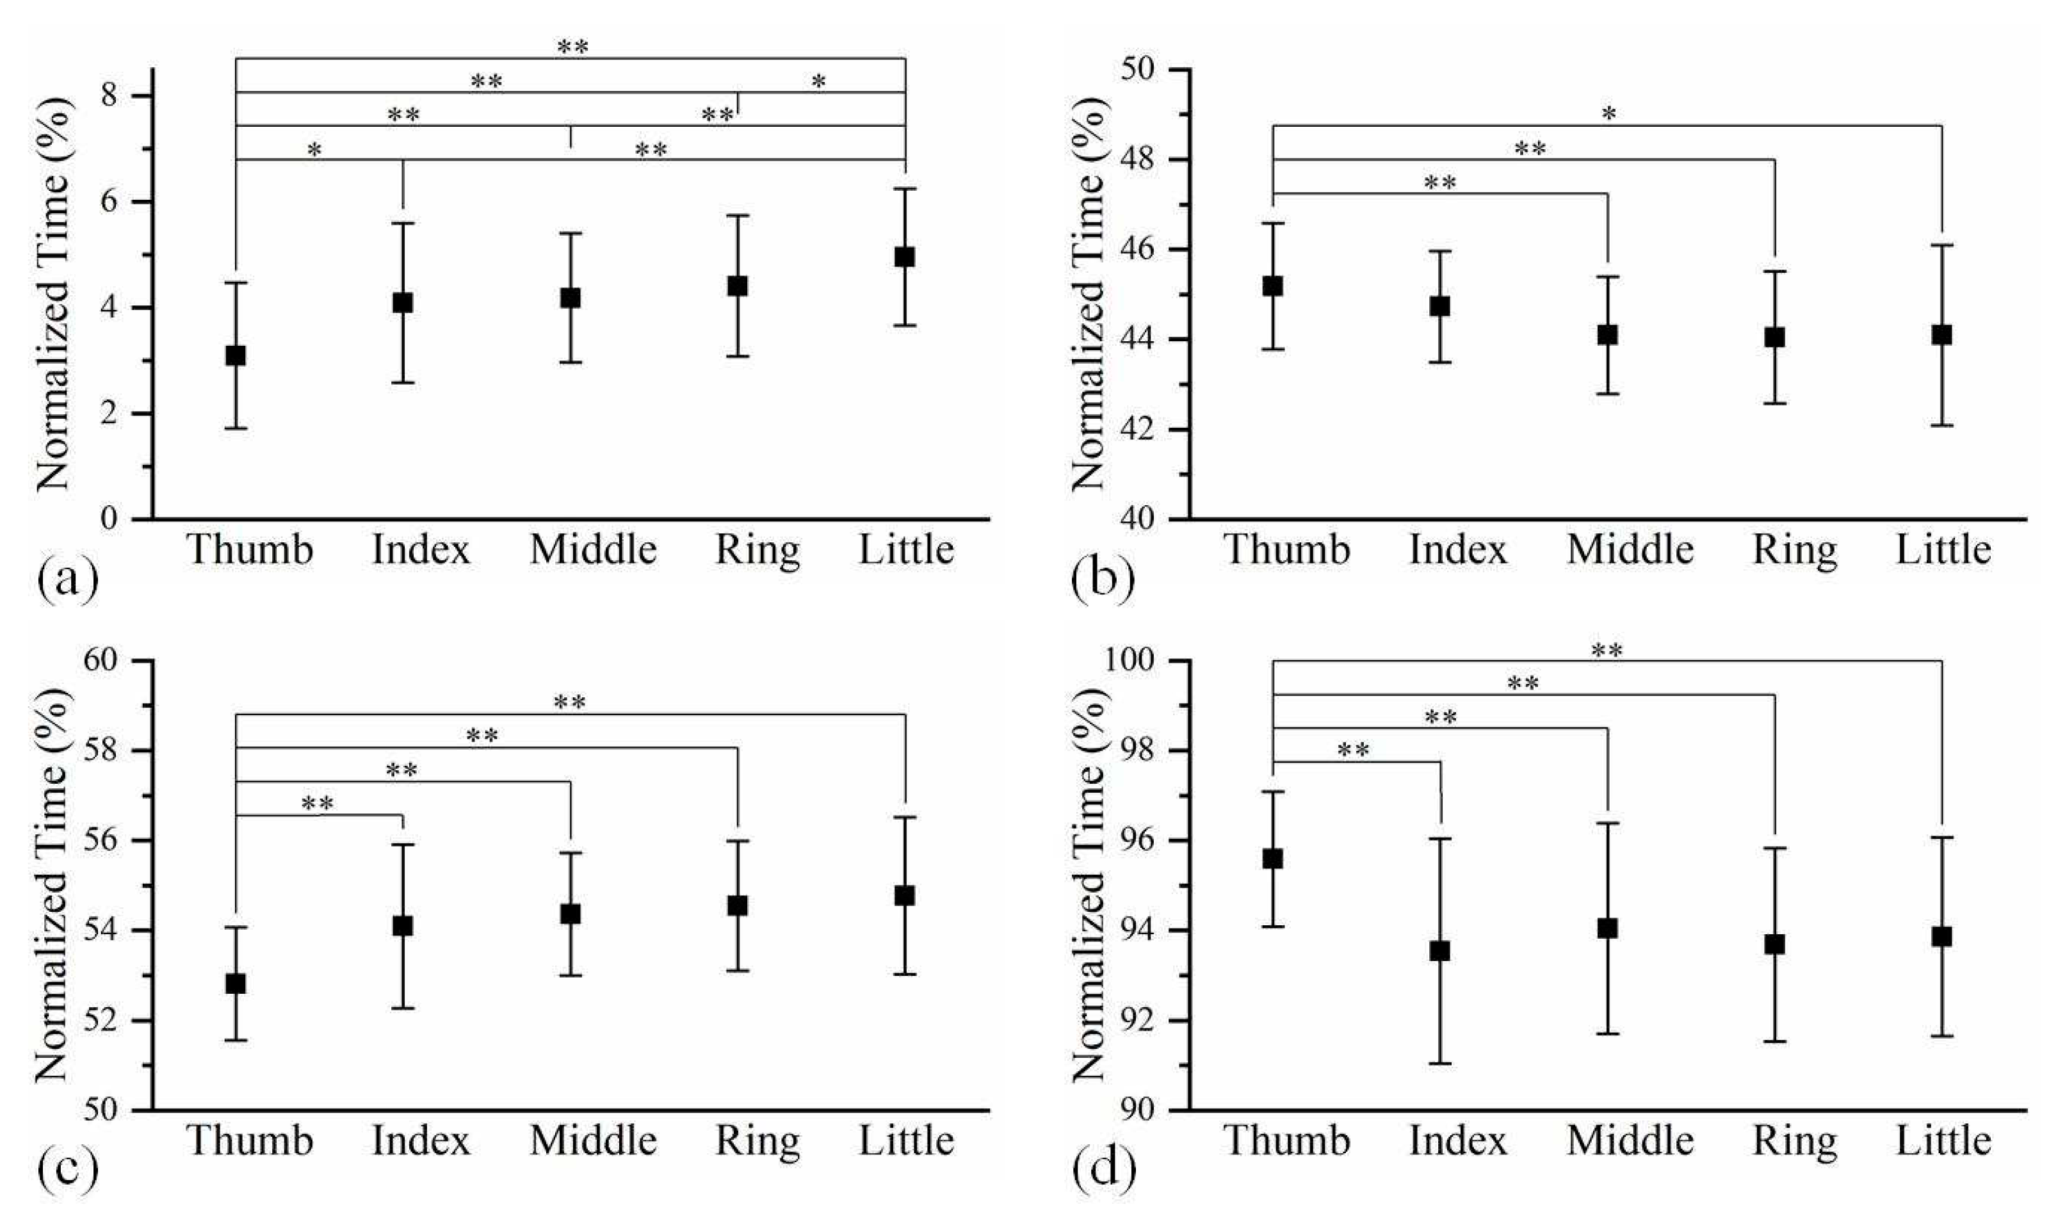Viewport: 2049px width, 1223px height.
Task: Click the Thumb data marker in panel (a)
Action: pyautogui.click(x=236, y=356)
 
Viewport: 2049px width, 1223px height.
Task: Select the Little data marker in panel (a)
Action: pyautogui.click(x=905, y=257)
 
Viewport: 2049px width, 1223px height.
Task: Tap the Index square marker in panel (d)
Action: pyautogui.click(x=1439, y=951)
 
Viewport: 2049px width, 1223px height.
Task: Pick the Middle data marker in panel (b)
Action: pyautogui.click(x=1607, y=336)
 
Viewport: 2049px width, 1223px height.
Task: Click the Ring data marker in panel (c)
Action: pyautogui.click(x=738, y=905)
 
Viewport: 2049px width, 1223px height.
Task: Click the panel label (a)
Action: pyautogui.click(x=68, y=580)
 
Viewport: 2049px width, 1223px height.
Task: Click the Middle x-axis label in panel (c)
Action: pyautogui.click(x=592, y=1142)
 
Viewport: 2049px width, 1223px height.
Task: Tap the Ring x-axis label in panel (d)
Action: pyautogui.click(x=1794, y=1142)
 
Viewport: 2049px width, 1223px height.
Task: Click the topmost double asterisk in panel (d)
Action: pyautogui.click(x=1607, y=652)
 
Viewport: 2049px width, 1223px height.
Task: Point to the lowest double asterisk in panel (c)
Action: pyautogui.click(x=317, y=804)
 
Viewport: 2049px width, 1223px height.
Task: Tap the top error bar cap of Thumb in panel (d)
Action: pyautogui.click(x=1273, y=791)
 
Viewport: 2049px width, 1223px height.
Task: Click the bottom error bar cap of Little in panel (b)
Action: pyautogui.click(x=1942, y=425)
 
